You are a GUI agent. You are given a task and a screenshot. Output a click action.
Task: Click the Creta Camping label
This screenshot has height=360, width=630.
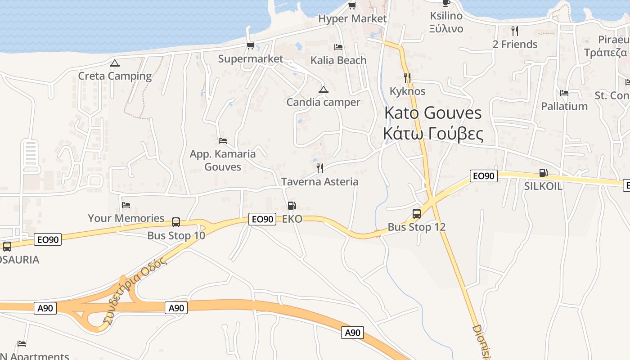click(115, 76)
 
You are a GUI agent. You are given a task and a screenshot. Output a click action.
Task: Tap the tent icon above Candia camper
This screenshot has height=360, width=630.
click(323, 90)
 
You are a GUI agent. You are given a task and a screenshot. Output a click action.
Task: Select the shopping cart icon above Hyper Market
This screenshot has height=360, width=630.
click(352, 6)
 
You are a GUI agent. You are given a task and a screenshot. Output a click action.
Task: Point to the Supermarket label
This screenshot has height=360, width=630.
click(251, 59)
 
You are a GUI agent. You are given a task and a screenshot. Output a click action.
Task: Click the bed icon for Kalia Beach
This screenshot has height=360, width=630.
click(338, 47)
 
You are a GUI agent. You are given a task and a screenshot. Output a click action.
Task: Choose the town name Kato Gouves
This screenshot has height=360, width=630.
click(433, 113)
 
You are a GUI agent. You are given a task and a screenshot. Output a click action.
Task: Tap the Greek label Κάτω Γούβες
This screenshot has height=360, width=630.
click(433, 134)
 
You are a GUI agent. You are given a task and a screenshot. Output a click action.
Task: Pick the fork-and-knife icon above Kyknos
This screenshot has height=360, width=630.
click(407, 78)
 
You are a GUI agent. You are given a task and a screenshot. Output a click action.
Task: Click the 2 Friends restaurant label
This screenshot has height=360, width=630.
click(515, 44)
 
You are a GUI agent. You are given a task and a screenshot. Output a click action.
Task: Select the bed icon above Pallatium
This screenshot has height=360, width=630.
click(564, 93)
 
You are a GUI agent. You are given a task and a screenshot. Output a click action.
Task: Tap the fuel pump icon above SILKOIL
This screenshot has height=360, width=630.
click(543, 173)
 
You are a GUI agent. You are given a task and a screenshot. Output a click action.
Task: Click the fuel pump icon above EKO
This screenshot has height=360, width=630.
click(292, 206)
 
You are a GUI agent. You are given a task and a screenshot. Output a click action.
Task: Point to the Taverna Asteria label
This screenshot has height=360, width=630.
click(319, 182)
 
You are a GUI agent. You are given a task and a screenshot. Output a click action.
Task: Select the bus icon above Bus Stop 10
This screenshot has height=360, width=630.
click(176, 222)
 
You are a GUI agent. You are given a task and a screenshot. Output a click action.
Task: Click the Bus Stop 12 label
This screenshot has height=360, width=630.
click(417, 227)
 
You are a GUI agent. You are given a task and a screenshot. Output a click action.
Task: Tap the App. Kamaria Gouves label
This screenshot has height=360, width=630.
click(223, 160)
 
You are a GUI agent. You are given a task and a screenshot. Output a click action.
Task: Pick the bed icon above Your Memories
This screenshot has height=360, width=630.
click(126, 205)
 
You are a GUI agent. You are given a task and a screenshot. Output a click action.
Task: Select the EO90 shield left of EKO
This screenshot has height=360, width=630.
click(262, 219)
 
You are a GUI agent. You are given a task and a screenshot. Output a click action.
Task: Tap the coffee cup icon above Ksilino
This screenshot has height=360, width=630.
click(446, 3)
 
